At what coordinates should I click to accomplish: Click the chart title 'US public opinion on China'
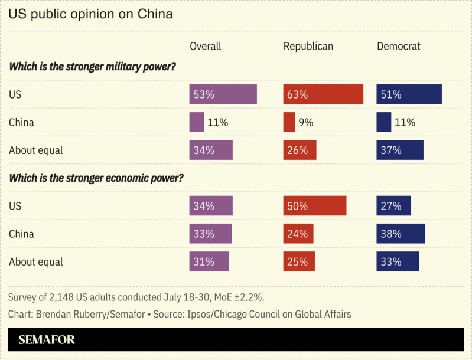tap(90, 14)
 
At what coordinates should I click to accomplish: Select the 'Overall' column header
tap(205, 46)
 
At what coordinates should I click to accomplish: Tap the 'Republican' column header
tap(308, 46)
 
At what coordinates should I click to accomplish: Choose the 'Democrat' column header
tap(399, 46)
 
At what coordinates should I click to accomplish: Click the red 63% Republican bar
tap(323, 94)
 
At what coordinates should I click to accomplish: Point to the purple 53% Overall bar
tap(223, 94)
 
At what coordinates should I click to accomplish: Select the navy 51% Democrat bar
tap(409, 94)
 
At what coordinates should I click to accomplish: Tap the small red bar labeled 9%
tap(289, 123)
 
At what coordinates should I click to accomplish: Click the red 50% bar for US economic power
tap(314, 206)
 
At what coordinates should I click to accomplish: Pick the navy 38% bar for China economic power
tap(401, 234)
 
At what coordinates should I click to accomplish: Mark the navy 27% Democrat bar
tap(393, 206)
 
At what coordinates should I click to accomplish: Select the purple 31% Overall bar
tap(209, 261)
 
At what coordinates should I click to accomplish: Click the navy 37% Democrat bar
tap(400, 150)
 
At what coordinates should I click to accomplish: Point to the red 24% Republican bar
tap(298, 234)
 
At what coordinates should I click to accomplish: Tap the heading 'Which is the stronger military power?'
tap(92, 67)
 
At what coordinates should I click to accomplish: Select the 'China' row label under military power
tap(21, 123)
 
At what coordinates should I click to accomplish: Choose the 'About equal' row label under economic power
tap(35, 261)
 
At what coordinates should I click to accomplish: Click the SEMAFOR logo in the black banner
tap(47, 340)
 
